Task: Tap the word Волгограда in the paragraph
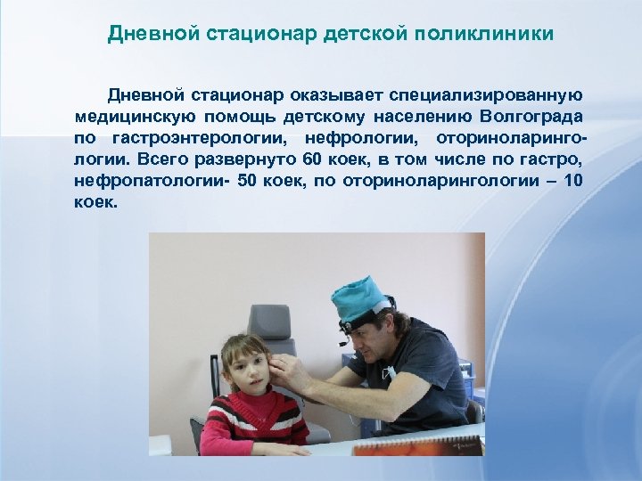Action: (531, 117)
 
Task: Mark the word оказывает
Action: (333, 95)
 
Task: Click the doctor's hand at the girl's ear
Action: (282, 368)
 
